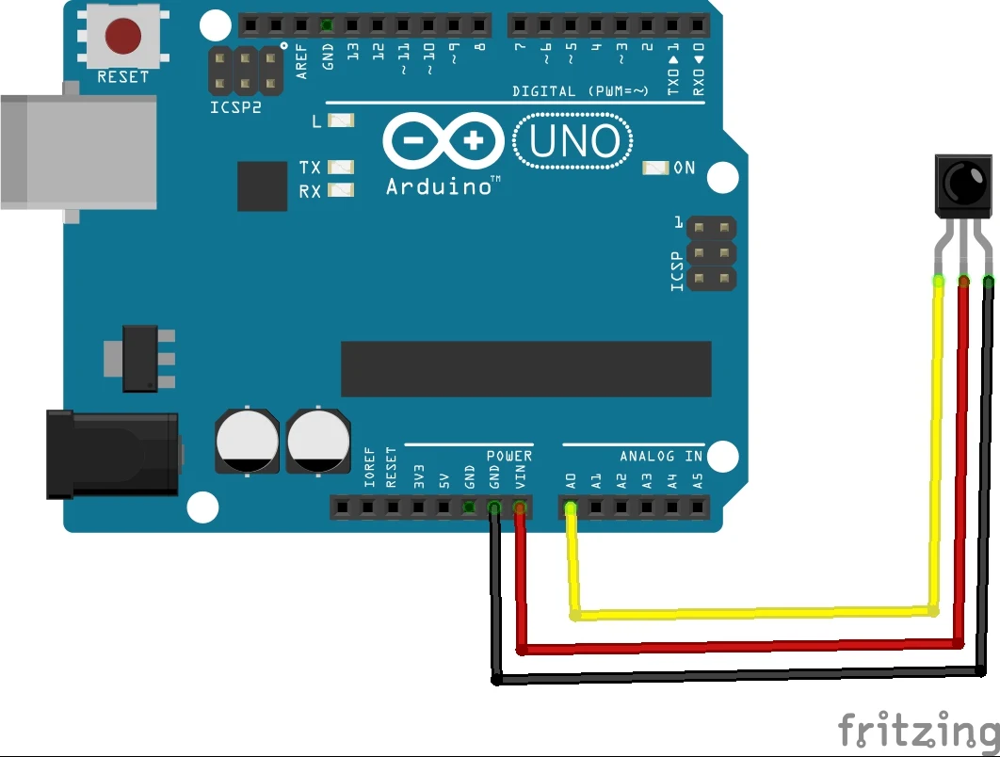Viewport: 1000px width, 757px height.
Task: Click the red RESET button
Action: tap(123, 36)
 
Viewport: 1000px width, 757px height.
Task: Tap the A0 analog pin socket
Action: tap(571, 508)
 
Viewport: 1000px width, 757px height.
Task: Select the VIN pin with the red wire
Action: tap(520, 508)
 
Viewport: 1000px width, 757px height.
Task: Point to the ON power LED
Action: tap(655, 168)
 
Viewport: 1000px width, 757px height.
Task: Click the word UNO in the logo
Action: tap(574, 142)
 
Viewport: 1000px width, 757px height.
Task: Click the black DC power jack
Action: tap(113, 454)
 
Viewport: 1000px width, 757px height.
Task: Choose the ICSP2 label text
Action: tap(235, 107)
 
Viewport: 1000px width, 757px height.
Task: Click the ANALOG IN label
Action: tap(661, 457)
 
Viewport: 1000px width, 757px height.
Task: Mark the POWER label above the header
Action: tap(508, 457)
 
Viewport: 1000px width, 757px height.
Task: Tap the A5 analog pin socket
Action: tap(698, 508)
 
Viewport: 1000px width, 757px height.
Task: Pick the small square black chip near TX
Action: tap(262, 185)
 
